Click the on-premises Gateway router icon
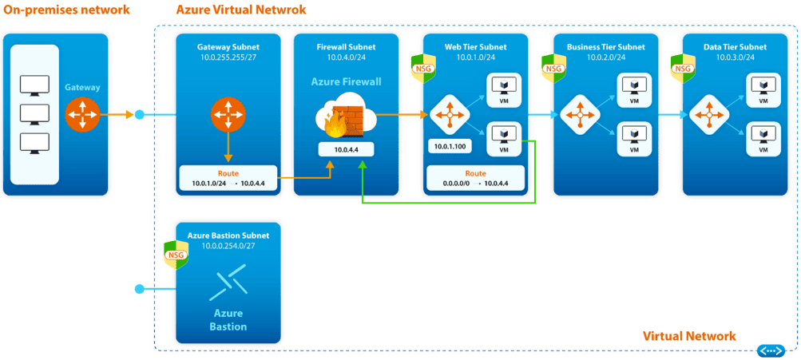pyautogui.click(x=82, y=116)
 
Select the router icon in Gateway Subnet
pyautogui.click(x=228, y=116)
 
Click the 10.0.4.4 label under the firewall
pyautogui.click(x=345, y=148)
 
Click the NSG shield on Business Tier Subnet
pyautogui.click(x=552, y=67)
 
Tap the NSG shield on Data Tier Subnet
pyautogui.click(x=683, y=67)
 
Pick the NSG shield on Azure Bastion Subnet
pyautogui.click(x=175, y=254)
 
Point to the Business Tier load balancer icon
pyautogui.click(x=578, y=116)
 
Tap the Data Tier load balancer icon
pyautogui.click(x=708, y=116)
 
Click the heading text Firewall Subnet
pyautogui.click(x=345, y=47)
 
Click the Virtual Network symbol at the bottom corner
pyautogui.click(x=771, y=350)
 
